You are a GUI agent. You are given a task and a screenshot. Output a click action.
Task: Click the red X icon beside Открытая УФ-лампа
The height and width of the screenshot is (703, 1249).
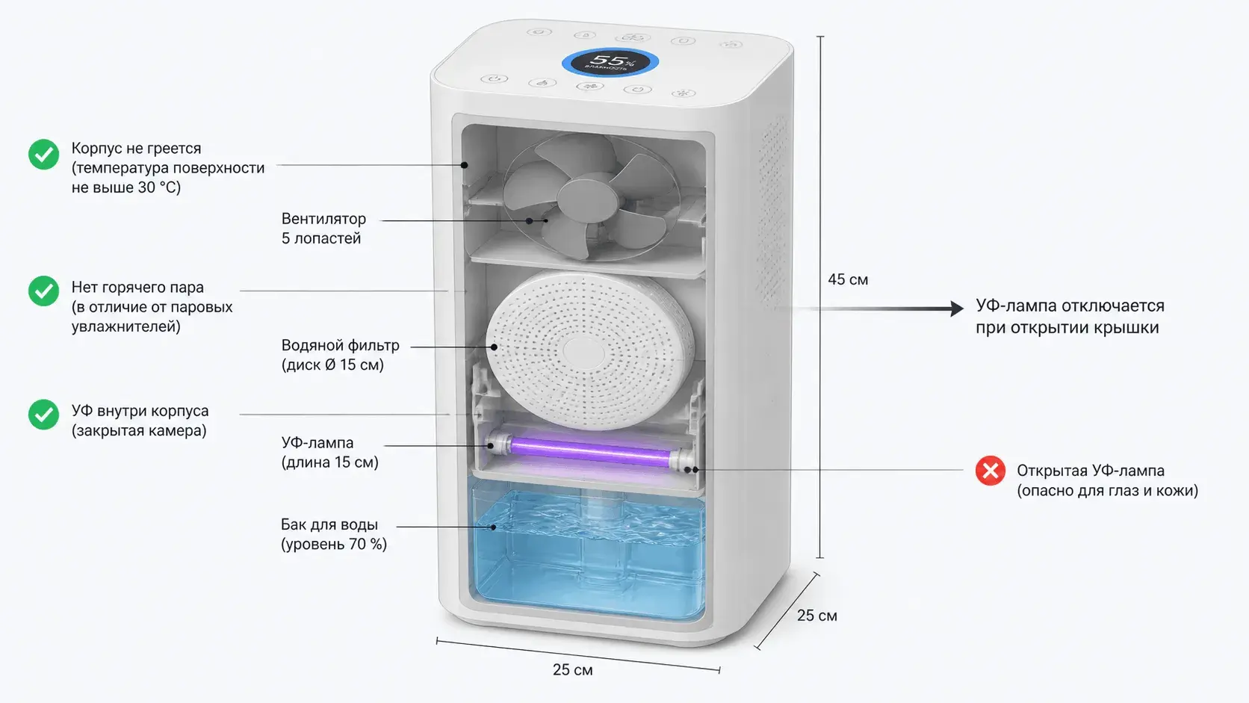click(991, 471)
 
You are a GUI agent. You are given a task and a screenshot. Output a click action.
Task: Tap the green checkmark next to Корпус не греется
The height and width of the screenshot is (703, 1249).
click(43, 154)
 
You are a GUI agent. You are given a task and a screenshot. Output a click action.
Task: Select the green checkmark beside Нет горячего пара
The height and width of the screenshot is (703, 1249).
click(43, 291)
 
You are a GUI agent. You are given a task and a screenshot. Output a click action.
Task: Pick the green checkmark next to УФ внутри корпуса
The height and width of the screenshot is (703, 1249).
click(43, 414)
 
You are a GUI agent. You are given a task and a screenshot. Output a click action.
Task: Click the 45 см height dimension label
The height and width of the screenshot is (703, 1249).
click(848, 279)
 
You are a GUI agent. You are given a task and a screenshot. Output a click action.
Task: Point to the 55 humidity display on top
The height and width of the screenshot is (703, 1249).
click(610, 62)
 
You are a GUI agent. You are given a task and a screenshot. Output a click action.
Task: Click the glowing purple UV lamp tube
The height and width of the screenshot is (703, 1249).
click(590, 451)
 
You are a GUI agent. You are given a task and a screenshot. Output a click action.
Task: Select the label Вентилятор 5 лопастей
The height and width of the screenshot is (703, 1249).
click(323, 228)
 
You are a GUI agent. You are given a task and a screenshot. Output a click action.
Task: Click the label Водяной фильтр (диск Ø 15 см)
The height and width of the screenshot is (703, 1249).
click(340, 355)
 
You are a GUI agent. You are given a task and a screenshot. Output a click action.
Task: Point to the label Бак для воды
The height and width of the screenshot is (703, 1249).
click(329, 524)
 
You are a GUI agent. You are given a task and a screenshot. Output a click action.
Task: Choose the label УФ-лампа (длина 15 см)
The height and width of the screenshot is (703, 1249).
click(329, 452)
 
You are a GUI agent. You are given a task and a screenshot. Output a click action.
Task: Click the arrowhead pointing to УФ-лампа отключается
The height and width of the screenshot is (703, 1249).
click(957, 309)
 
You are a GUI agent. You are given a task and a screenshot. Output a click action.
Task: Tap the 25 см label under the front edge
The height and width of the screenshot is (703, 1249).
click(573, 669)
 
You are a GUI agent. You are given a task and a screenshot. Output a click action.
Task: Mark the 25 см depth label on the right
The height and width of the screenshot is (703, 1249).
click(817, 616)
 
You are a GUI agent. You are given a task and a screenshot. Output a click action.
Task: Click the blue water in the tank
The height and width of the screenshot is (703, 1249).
click(588, 557)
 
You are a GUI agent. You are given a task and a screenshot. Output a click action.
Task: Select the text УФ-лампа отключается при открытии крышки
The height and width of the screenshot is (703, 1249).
click(1070, 316)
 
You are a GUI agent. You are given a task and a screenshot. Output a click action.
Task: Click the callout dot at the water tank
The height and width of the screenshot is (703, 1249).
click(494, 527)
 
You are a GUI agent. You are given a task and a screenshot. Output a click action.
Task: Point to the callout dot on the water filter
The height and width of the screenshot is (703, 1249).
click(494, 347)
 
